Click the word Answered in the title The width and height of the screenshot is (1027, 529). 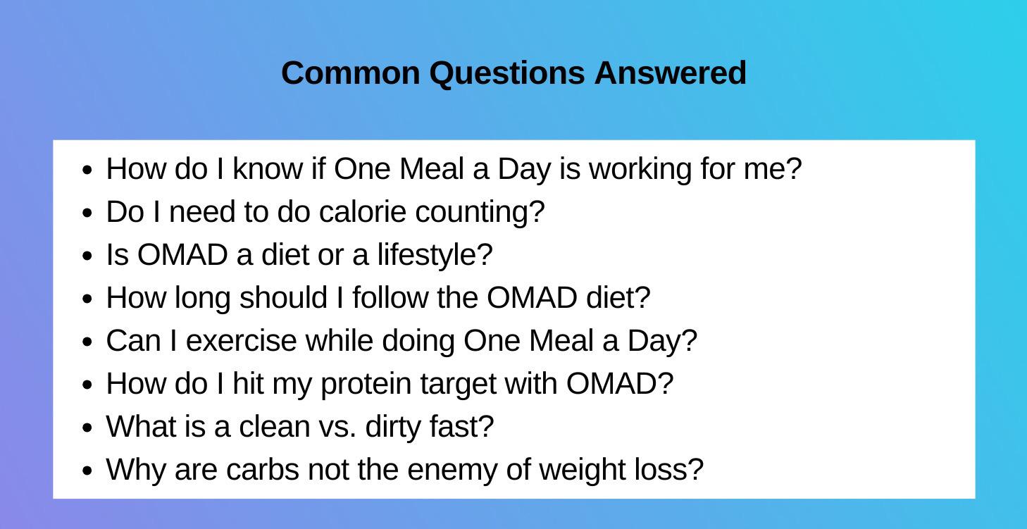670,73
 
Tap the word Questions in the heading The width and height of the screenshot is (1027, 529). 507,73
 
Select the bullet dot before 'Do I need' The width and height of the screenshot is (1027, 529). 87,213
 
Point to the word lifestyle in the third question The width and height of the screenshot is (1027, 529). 434,255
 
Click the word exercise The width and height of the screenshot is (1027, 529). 241,341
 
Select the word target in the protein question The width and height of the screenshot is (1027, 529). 459,385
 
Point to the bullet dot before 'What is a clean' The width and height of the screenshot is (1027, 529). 87,428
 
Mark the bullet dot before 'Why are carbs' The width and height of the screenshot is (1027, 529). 87,471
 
